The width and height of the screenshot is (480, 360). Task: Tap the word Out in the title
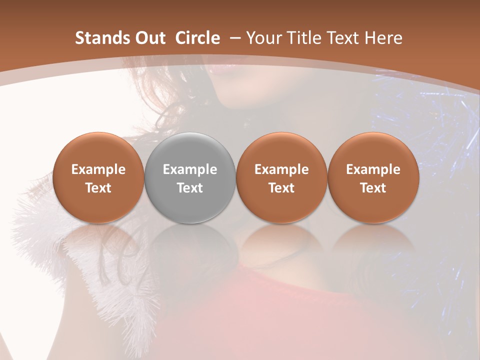[149, 38]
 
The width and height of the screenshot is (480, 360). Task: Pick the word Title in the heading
[302, 38]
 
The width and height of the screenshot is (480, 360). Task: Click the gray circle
[190, 177]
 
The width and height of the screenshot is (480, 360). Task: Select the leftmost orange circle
[98, 177]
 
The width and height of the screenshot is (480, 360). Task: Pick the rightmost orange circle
[373, 177]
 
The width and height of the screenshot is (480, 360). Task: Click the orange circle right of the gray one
[281, 177]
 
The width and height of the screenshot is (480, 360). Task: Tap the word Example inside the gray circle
[190, 169]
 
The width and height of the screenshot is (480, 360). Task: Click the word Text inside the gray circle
[190, 188]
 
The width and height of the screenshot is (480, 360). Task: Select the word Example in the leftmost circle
[98, 169]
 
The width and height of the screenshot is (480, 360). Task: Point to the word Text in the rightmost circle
[373, 188]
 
